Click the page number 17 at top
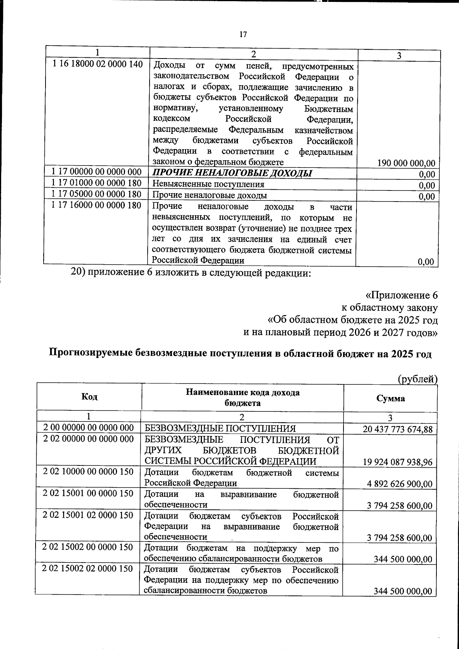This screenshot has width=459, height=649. (243, 35)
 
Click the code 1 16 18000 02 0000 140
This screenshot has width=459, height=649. (97, 64)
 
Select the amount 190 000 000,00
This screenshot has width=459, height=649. (406, 164)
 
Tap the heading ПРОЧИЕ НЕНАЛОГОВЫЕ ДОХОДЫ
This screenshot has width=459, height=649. (233, 174)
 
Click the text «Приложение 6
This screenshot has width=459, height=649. (401, 296)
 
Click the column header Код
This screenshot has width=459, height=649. (89, 397)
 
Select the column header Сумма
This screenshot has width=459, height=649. (391, 399)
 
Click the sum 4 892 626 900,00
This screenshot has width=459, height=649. (400, 484)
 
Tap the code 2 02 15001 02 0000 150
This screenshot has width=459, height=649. (88, 515)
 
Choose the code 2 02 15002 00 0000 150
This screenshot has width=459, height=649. (88, 547)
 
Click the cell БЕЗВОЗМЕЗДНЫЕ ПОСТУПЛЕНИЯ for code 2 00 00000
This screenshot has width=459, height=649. (220, 429)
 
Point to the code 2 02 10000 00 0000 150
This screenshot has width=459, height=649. (88, 472)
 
